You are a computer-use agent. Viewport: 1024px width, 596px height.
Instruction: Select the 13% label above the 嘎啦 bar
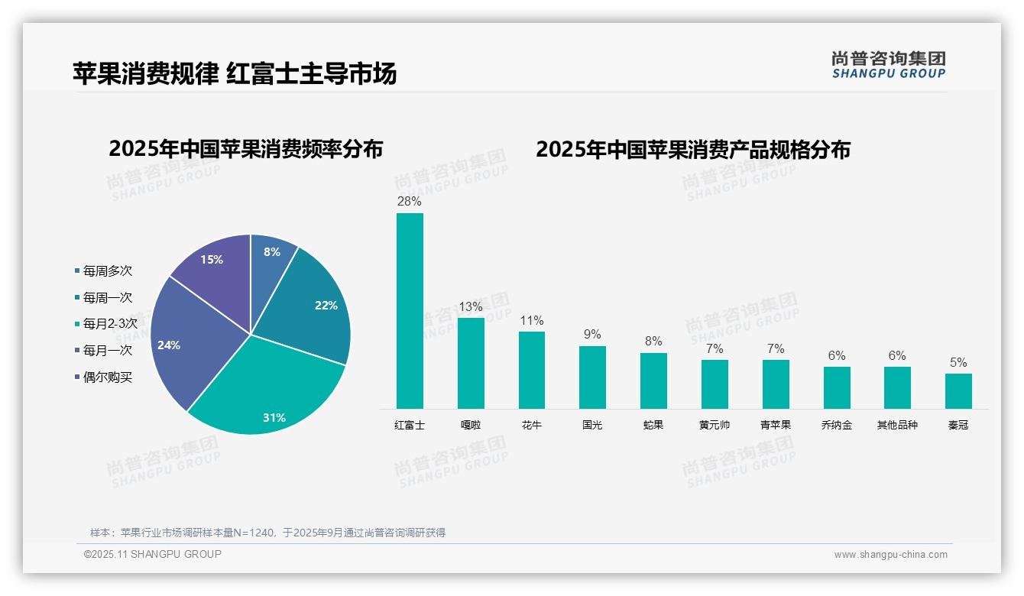471,306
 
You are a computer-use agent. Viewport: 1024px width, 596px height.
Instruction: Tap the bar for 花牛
531,370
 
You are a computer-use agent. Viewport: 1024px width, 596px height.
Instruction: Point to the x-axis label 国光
592,425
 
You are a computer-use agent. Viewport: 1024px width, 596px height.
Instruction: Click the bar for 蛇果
653,381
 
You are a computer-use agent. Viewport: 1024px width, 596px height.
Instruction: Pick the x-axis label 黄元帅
715,425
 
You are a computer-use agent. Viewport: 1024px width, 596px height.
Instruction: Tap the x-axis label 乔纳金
836,425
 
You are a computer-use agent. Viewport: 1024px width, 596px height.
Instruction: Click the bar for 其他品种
897,387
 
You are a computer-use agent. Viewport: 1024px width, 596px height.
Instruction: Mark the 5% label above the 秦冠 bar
958,362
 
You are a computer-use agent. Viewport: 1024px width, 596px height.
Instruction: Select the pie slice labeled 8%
271,260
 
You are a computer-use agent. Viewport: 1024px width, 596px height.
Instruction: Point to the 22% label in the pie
326,305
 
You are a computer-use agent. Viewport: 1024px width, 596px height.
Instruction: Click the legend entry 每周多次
107,270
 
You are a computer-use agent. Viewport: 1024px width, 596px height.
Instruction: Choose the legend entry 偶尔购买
107,377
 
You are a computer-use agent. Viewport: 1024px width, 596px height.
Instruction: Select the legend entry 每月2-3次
109,324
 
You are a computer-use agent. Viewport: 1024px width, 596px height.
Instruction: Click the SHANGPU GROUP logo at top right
889,65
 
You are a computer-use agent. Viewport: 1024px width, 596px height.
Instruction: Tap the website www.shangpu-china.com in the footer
890,555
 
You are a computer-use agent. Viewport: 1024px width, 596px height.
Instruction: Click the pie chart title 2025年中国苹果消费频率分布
245,149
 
